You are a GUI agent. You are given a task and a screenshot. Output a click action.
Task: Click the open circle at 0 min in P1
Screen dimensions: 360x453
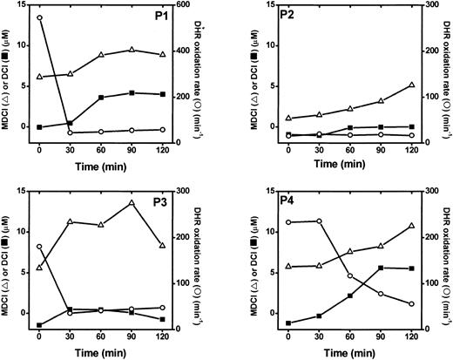(x=40, y=17)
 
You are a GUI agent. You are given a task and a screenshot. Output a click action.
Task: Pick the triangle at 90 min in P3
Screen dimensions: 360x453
(x=132, y=203)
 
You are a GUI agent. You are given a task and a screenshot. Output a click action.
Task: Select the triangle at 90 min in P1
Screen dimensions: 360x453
(x=132, y=50)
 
